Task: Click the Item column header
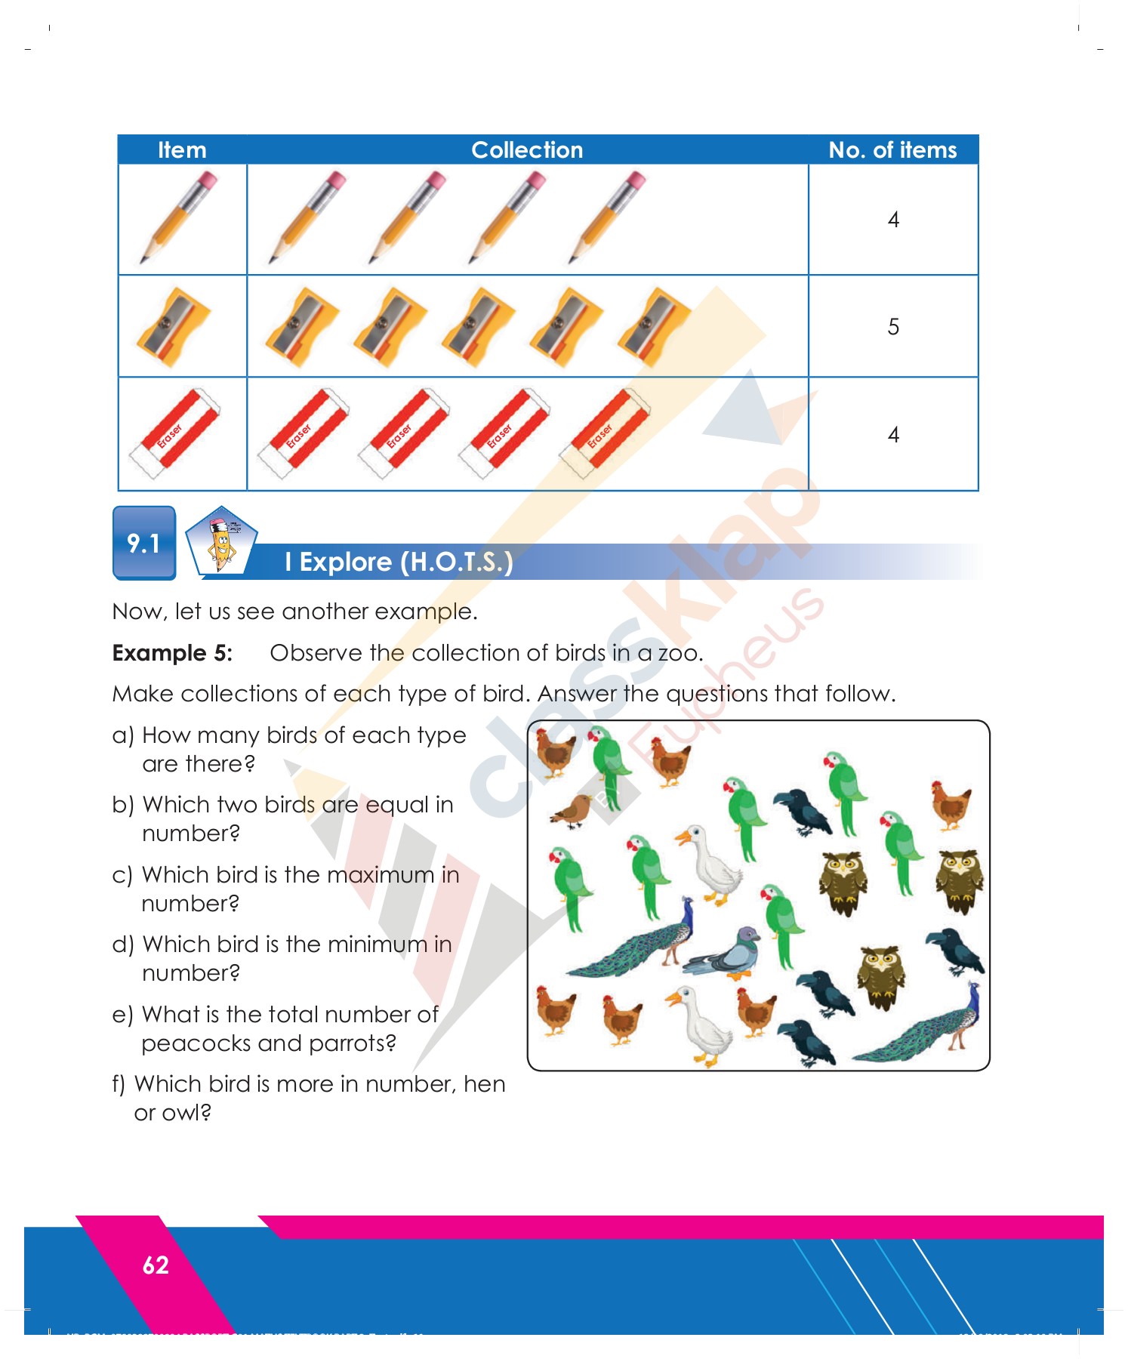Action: pyautogui.click(x=182, y=149)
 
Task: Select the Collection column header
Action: pyautogui.click(x=527, y=149)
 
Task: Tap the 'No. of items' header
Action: pyautogui.click(x=892, y=149)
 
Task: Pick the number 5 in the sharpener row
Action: pyautogui.click(x=893, y=327)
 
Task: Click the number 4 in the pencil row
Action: pyautogui.click(x=893, y=220)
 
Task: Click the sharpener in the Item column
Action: pyautogui.click(x=174, y=327)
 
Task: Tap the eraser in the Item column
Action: pyautogui.click(x=175, y=434)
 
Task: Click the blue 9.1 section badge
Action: pyautogui.click(x=144, y=543)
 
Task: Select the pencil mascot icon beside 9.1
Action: pyautogui.click(x=221, y=541)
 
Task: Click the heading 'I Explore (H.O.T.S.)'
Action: pyautogui.click(x=399, y=562)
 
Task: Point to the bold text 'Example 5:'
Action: pyautogui.click(x=172, y=653)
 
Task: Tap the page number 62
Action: pyautogui.click(x=156, y=1265)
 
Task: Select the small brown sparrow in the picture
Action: pyautogui.click(x=574, y=812)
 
